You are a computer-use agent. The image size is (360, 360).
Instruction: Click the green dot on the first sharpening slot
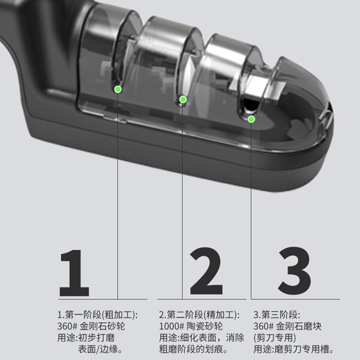click(x=117, y=89)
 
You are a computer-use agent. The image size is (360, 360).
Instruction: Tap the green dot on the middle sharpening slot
click(x=183, y=99)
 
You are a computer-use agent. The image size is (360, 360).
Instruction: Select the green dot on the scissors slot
click(x=252, y=119)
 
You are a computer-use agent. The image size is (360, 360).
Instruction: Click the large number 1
click(x=74, y=273)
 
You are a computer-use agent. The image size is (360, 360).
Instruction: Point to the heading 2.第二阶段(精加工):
click(x=199, y=315)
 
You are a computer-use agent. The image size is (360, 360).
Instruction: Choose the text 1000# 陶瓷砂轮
click(x=191, y=326)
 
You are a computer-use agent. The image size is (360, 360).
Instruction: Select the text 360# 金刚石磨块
click(x=287, y=326)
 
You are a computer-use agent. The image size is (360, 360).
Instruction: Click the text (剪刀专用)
click(x=274, y=337)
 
